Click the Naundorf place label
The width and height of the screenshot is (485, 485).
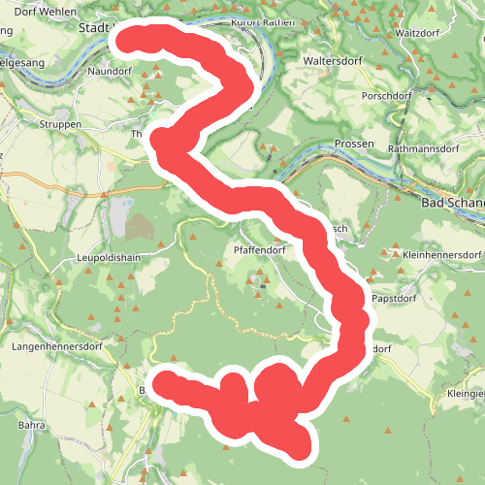[108, 72]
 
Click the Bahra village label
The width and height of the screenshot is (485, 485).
[33, 425]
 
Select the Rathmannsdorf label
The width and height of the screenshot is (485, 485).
[422, 149]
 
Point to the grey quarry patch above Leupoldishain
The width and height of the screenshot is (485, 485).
[139, 228]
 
